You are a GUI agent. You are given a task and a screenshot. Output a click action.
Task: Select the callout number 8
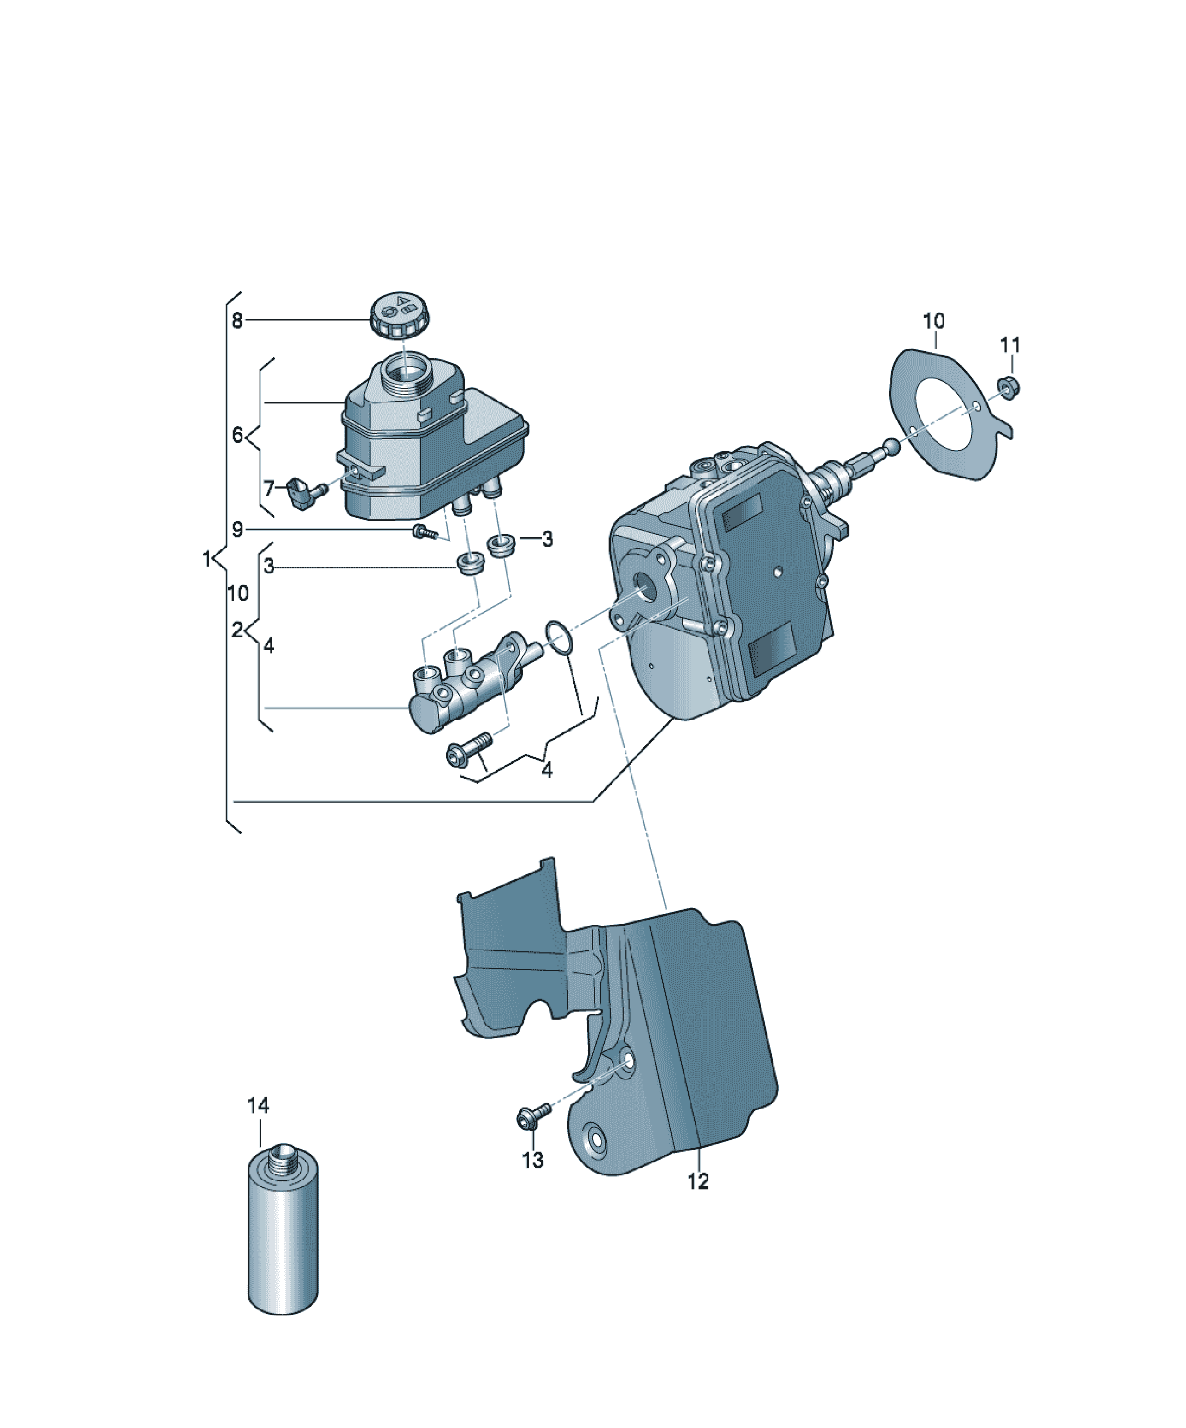pos(236,321)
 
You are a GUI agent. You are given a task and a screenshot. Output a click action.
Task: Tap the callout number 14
pos(259,1106)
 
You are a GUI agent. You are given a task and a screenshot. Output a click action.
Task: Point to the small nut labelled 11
pos(1009,388)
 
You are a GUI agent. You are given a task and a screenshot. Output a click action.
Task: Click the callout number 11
pos(1010,345)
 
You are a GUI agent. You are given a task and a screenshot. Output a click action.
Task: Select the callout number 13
pos(533,1160)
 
